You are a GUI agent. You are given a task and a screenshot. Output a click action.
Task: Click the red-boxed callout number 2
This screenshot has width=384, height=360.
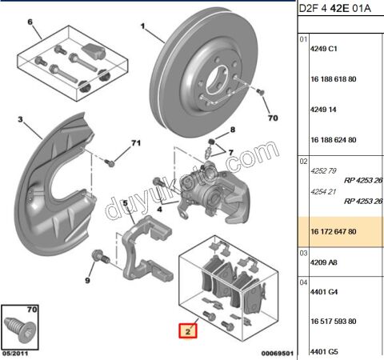click(188, 331)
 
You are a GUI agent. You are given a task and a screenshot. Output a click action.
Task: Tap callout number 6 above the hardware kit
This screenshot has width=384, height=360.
click(30, 22)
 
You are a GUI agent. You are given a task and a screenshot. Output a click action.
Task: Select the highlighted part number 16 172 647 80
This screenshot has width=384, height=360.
click(334, 231)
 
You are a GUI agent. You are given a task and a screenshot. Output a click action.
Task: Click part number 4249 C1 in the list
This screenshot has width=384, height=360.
click(324, 49)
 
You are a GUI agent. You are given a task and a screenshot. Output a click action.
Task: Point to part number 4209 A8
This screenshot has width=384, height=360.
click(324, 262)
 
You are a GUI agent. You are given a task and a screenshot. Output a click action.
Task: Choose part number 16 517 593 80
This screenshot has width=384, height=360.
click(334, 321)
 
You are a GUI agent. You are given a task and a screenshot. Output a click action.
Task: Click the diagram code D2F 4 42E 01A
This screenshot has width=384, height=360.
click(334, 9)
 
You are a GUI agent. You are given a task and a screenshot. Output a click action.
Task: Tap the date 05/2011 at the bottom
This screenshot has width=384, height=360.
click(15, 354)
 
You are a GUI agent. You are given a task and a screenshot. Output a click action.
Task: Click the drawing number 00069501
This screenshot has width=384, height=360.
click(278, 354)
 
